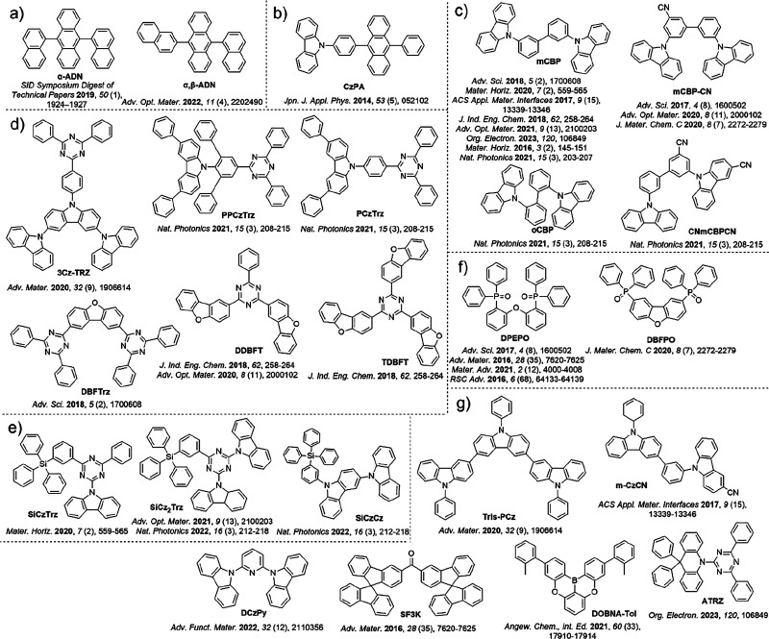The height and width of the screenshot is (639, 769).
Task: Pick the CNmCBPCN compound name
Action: pos(683,272)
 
